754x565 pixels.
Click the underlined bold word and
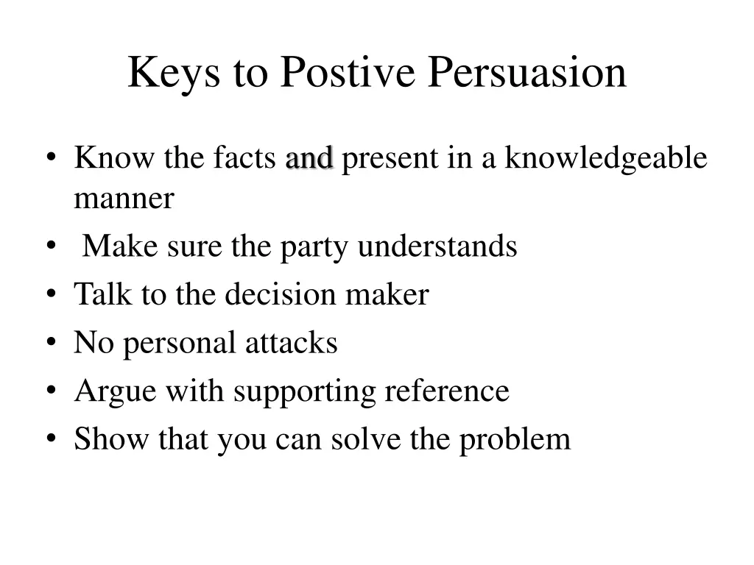point(309,158)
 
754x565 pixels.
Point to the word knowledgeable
point(605,158)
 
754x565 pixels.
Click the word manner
point(124,199)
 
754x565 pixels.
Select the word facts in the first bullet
point(245,158)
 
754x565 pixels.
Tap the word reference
point(447,391)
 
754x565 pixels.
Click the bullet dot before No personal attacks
point(50,344)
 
